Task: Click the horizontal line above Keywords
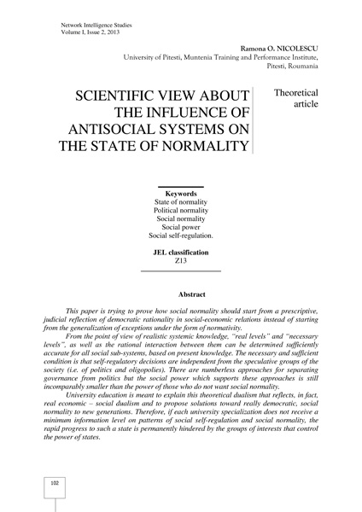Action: (x=180, y=186)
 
